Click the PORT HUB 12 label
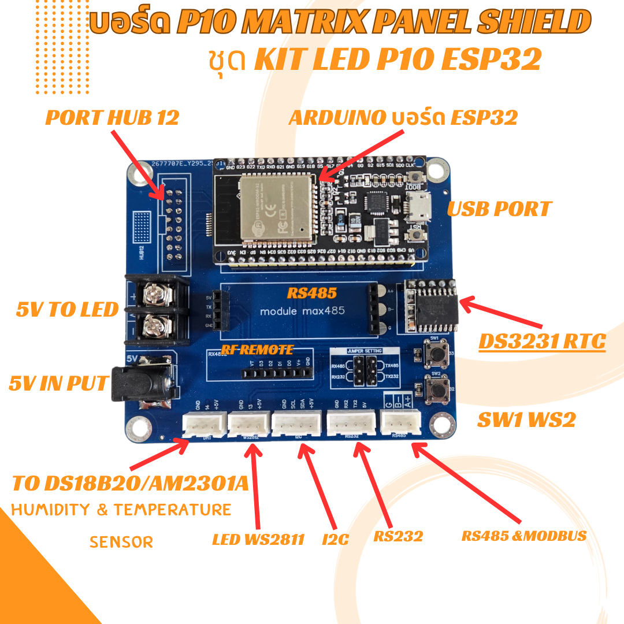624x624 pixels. pos(112,118)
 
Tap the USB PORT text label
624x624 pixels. pos(500,209)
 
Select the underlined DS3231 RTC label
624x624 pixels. pos(541,342)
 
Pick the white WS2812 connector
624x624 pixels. pos(247,426)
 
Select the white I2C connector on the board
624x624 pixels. pos(296,425)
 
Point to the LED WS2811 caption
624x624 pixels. pos(258,540)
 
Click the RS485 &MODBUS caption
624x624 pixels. pos(523,536)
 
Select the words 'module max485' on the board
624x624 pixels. pos(302,311)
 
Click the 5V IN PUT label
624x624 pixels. pos(58,383)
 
